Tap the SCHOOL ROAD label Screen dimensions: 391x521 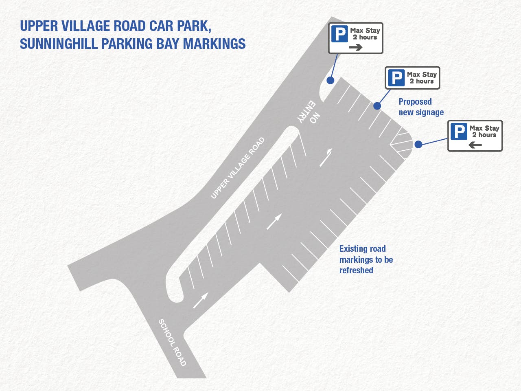pyautogui.click(x=172, y=343)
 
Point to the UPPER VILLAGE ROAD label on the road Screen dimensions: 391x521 pyautogui.click(x=238, y=168)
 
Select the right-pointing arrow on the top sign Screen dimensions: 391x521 pyautogui.click(x=355, y=47)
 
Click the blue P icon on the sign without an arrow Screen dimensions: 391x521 pyautogui.click(x=396, y=77)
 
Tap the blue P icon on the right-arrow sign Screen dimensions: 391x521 pyautogui.click(x=339, y=33)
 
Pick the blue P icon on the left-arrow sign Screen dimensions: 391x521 pyautogui.click(x=459, y=131)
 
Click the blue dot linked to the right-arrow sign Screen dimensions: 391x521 pyautogui.click(x=331, y=80)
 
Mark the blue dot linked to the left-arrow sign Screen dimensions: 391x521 pyautogui.click(x=418, y=144)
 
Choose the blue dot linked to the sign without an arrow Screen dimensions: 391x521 pyautogui.click(x=377, y=106)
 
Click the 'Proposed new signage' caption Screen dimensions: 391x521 pyautogui.click(x=421, y=107)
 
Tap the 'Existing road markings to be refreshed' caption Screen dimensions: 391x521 pyautogui.click(x=366, y=259)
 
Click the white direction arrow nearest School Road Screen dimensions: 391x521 pyautogui.click(x=200, y=301)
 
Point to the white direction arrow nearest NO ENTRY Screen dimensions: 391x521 pyautogui.click(x=326, y=158)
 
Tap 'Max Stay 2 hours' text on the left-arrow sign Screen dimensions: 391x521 pyautogui.click(x=484, y=131)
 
